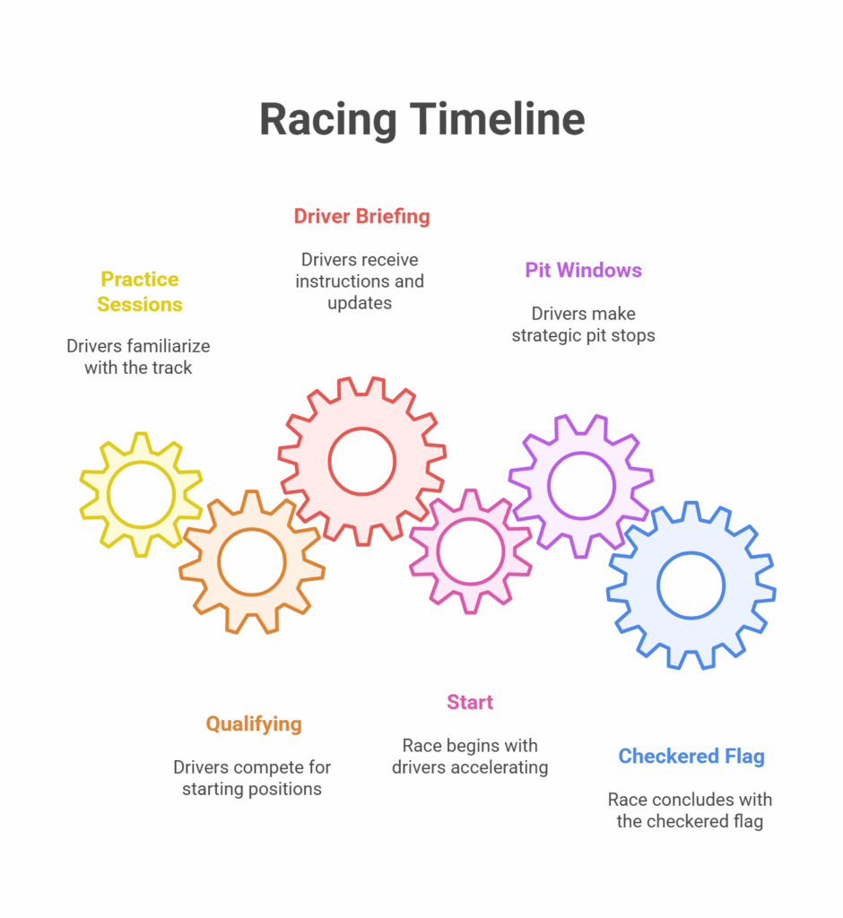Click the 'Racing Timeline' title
pyautogui.click(x=421, y=120)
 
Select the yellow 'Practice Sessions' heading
pyautogui.click(x=139, y=291)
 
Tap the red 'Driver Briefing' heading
pyautogui.click(x=361, y=216)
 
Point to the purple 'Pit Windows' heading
pyautogui.click(x=583, y=270)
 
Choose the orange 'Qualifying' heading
pyautogui.click(x=254, y=724)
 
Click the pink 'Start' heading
pyautogui.click(x=470, y=702)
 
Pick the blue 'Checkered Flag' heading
pyautogui.click(x=691, y=757)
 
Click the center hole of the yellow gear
pyautogui.click(x=141, y=495)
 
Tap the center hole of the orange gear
pyautogui.click(x=252, y=562)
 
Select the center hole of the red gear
pyautogui.click(x=362, y=462)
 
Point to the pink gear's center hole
pyautogui.click(x=471, y=551)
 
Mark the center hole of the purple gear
pyautogui.click(x=582, y=486)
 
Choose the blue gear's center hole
pyautogui.click(x=691, y=585)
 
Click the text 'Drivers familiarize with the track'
pyautogui.click(x=138, y=357)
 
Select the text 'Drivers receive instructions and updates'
pyautogui.click(x=360, y=281)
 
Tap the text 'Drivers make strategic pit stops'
pyautogui.click(x=584, y=325)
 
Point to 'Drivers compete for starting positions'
pyautogui.click(x=252, y=778)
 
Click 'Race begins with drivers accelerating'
pyautogui.click(x=470, y=757)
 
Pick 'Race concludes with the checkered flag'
pyautogui.click(x=691, y=810)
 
